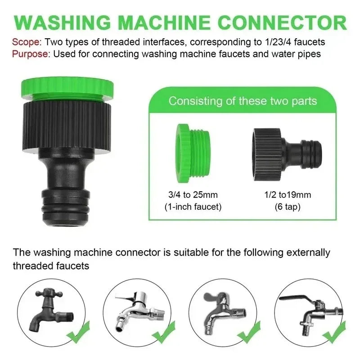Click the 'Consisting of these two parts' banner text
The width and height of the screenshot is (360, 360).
click(243, 100)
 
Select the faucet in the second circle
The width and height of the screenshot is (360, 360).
click(135, 310)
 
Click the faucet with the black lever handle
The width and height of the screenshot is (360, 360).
click(310, 310)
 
